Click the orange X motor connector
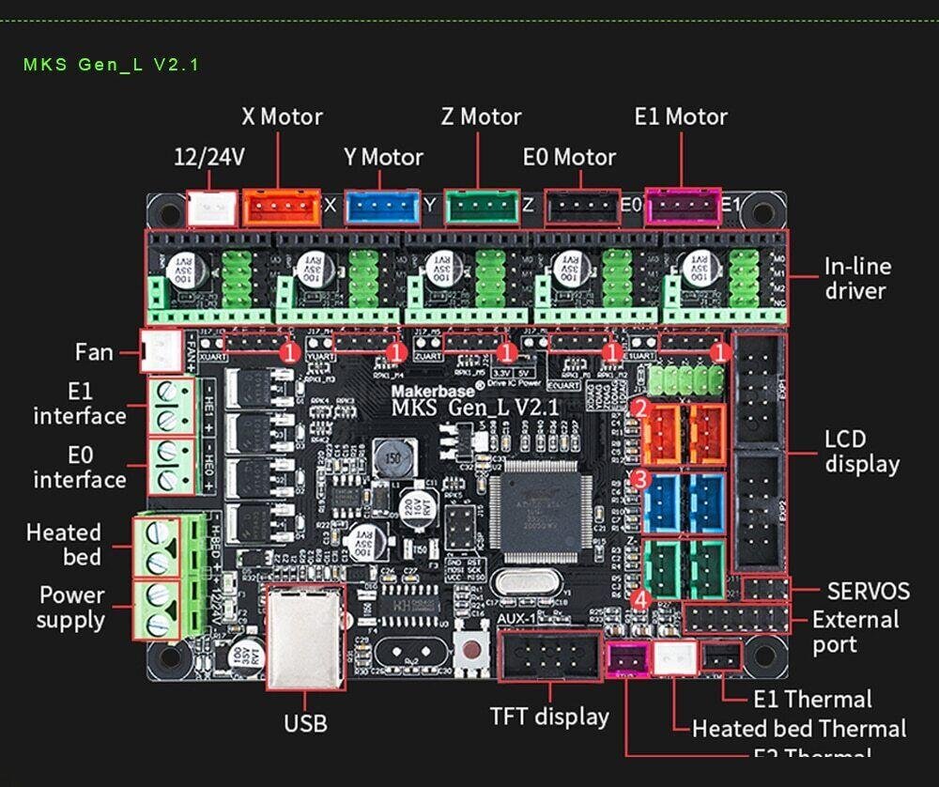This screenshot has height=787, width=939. click(x=282, y=208)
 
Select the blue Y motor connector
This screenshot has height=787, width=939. click(x=382, y=208)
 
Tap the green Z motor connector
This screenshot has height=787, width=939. click(x=482, y=208)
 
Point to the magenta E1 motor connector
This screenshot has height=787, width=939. click(x=684, y=207)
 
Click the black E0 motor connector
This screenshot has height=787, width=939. click(x=583, y=208)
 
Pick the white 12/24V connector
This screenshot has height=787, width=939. click(x=213, y=208)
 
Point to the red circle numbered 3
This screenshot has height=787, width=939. click(x=640, y=479)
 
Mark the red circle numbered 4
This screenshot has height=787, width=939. click(x=640, y=598)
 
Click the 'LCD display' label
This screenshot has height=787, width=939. click(x=862, y=452)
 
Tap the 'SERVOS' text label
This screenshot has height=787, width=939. click(x=868, y=591)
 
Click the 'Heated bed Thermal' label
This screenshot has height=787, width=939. click(x=799, y=728)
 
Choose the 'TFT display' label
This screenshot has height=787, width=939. click(x=549, y=717)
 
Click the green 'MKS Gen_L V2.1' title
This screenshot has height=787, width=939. click(x=111, y=65)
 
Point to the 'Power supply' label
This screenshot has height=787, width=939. click(x=70, y=608)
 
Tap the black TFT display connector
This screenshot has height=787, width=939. click(x=550, y=655)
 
